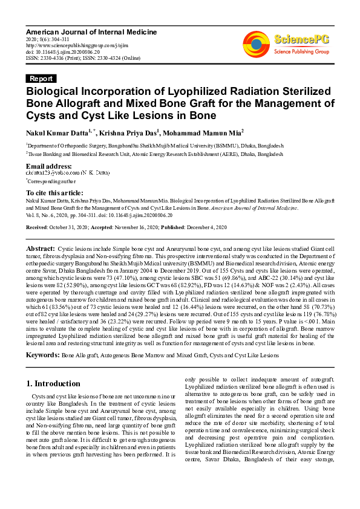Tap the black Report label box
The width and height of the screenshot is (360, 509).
42,79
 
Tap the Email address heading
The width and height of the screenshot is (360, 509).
49,166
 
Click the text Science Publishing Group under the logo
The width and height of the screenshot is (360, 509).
301,52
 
